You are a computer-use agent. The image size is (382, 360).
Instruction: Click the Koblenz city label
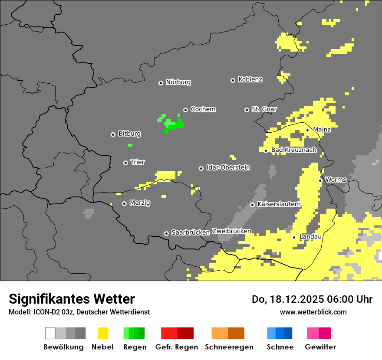[250, 79]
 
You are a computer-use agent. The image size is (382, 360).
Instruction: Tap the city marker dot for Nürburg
[161, 82]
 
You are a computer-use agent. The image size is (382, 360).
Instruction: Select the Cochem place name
[203, 109]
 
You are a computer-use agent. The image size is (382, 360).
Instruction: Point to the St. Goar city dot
[247, 110]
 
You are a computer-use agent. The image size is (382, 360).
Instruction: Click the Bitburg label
[129, 134]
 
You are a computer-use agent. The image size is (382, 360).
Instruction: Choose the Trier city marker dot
[125, 163]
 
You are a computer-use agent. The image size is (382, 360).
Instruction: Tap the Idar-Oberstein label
[228, 167]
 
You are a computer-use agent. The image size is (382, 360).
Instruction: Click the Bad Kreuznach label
[293, 150]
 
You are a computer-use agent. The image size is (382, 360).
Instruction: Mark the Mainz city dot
[307, 130]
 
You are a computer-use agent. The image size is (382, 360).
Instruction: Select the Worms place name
[336, 180]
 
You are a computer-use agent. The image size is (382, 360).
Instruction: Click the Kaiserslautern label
[279, 204]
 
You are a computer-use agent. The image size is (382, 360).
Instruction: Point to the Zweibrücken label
[231, 231]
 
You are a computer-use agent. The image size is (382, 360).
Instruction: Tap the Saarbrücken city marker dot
[166, 233]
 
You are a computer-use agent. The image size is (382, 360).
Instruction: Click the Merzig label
[140, 203]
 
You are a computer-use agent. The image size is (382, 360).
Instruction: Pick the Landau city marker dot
[294, 237]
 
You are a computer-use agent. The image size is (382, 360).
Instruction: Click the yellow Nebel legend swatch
[103, 333]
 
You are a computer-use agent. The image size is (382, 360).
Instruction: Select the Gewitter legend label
[320, 347]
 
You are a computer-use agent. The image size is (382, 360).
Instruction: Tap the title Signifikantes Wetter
[72, 299]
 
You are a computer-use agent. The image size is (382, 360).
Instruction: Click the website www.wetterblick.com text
[313, 312]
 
